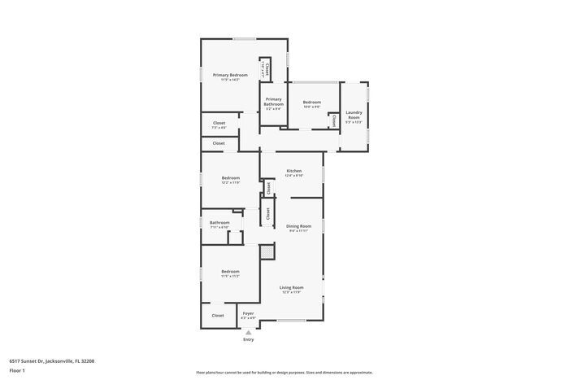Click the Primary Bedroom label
click(x=230, y=75)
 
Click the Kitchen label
click(x=294, y=171)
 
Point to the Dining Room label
click(x=298, y=226)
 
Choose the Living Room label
click(x=291, y=287)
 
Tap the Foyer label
click(x=249, y=313)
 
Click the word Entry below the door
click(x=249, y=339)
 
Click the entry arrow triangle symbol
click(x=249, y=332)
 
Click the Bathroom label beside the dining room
click(x=219, y=222)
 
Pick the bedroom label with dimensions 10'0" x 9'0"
click(x=311, y=103)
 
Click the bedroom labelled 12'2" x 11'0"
click(x=231, y=178)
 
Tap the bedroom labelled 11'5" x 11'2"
click(x=230, y=272)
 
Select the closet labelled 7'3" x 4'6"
click(x=219, y=124)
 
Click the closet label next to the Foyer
click(x=218, y=315)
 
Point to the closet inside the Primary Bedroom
click(x=265, y=69)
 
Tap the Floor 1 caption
click(x=18, y=371)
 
